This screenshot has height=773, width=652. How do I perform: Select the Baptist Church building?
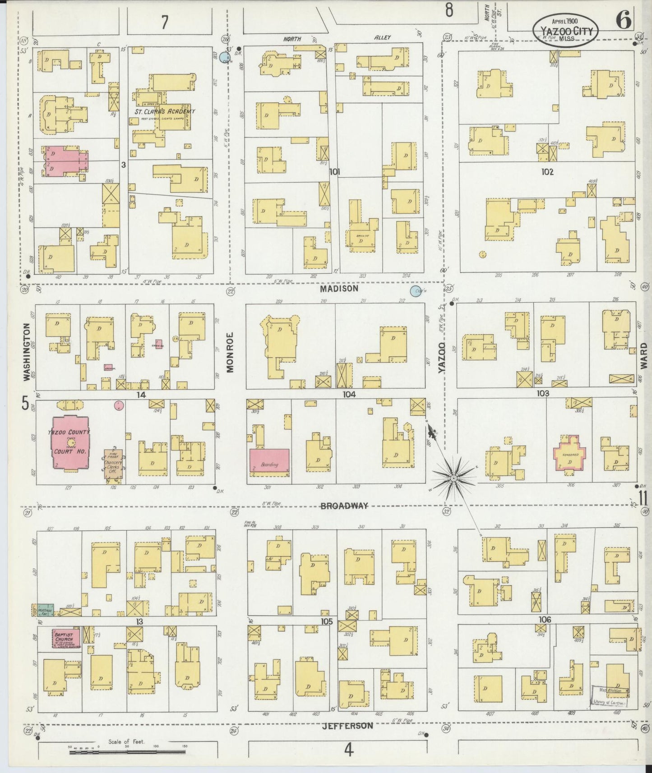(65, 638)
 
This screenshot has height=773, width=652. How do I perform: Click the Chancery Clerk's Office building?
(113, 465)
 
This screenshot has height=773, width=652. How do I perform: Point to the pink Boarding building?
(269, 460)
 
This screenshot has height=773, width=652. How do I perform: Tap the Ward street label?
(643, 356)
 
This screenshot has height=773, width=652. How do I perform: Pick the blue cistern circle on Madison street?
(415, 291)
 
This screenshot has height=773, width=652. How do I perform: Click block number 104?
(349, 394)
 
